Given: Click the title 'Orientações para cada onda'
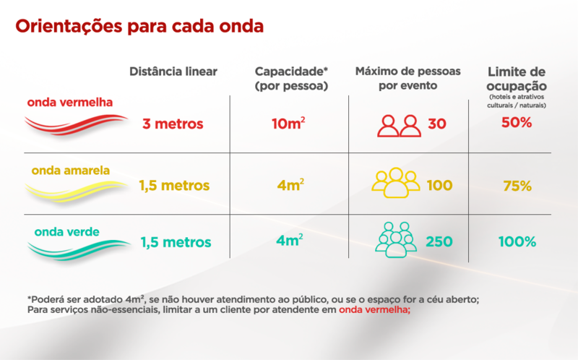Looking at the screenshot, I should click(x=139, y=27).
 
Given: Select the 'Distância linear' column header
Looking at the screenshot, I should click(x=173, y=72).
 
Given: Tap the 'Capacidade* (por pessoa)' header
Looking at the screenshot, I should click(x=291, y=79).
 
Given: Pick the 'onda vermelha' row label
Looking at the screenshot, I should click(x=70, y=102).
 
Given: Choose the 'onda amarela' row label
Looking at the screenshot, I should click(x=71, y=171).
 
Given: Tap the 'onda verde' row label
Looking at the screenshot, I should click(x=66, y=232).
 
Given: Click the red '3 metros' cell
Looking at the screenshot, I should click(x=173, y=124).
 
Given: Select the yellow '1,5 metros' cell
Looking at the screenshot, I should click(x=174, y=185).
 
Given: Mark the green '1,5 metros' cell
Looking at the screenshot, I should click(x=176, y=241).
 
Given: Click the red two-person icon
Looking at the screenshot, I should click(x=399, y=125).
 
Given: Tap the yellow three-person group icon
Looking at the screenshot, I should click(x=396, y=183).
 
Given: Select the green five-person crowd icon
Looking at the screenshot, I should click(x=396, y=240).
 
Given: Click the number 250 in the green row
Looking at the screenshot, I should click(x=440, y=241).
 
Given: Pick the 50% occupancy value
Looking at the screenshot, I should click(x=517, y=122).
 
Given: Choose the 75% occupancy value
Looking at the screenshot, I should click(x=517, y=186).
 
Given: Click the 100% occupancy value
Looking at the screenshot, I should click(x=517, y=241).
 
